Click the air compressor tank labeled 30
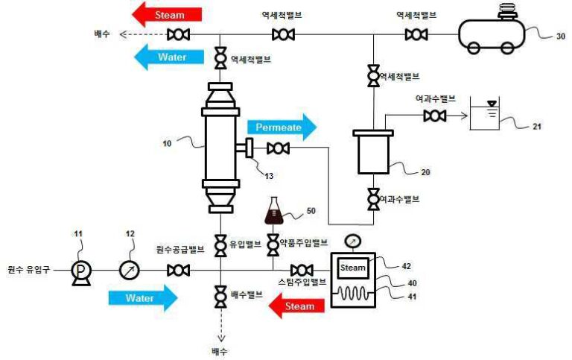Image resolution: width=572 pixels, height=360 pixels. tap(492, 34)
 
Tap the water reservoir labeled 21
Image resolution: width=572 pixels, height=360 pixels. tap(487, 117)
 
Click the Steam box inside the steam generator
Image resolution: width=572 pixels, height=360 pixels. tap(353, 268)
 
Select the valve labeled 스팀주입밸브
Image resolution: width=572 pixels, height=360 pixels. tap(302, 270)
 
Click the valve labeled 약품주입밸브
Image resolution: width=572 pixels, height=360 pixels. tap(273, 244)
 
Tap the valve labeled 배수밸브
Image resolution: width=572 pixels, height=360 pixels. tap(220, 297)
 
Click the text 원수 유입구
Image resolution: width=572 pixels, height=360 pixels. tap(28, 270)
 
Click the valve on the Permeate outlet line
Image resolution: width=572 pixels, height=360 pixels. tap(278, 149)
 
